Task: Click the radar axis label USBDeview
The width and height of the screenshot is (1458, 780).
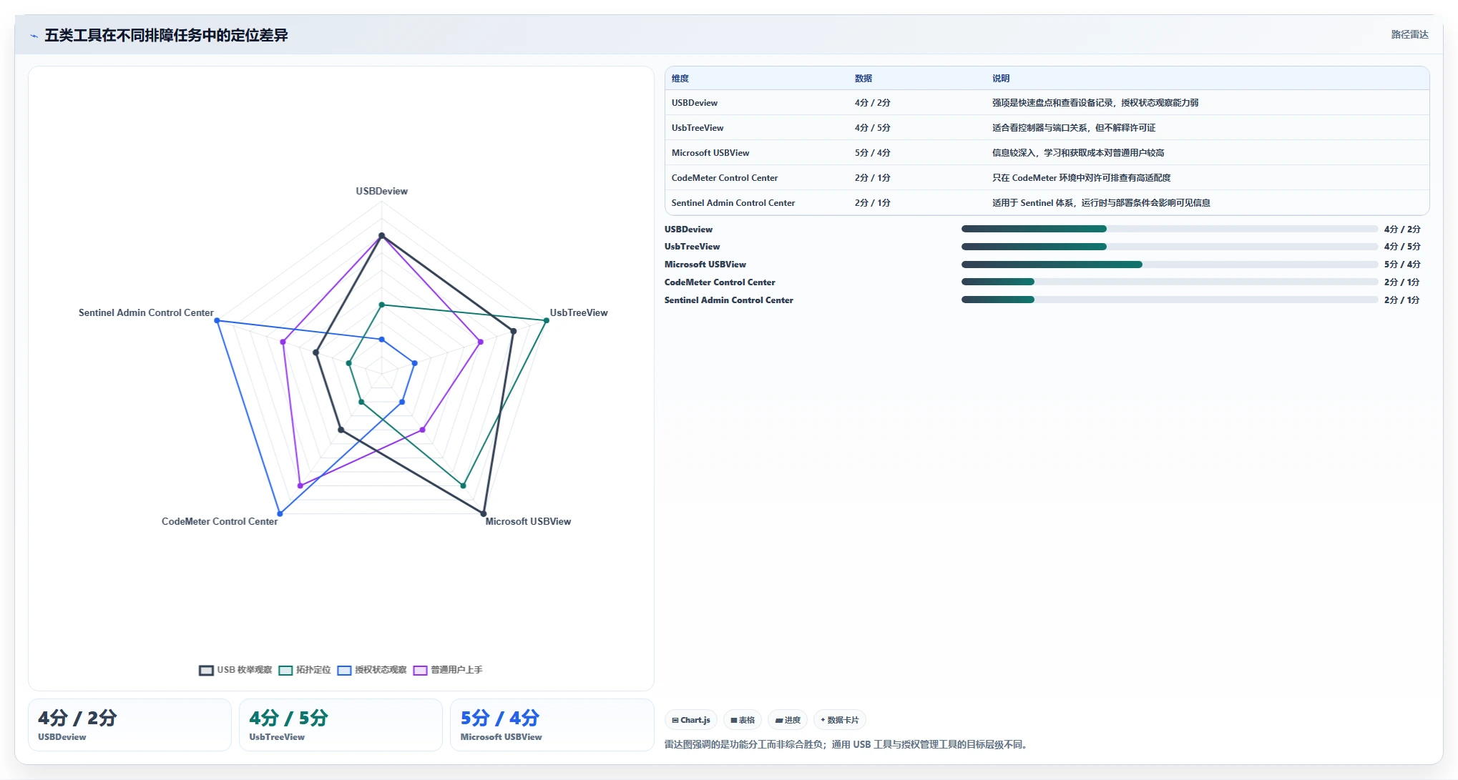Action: (x=381, y=191)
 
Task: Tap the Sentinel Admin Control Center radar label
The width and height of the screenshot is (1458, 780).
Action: (x=146, y=312)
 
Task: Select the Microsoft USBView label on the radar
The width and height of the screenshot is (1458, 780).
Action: (x=528, y=521)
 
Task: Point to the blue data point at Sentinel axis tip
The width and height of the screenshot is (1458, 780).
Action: (x=217, y=320)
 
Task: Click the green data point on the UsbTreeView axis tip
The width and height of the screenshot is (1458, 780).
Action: (x=546, y=320)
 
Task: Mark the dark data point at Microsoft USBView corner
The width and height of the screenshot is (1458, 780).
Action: (x=484, y=513)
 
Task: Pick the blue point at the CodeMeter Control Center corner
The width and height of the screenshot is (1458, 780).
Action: (x=280, y=513)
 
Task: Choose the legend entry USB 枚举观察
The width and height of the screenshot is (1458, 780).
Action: (x=235, y=670)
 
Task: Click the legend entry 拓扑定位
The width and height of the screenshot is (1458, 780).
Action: (x=305, y=670)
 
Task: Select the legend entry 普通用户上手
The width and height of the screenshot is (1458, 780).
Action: (x=448, y=670)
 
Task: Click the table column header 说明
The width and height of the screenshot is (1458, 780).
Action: (x=1001, y=79)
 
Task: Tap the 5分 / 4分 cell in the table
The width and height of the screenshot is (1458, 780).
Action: (x=872, y=153)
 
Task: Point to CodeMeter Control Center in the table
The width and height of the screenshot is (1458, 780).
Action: (x=725, y=178)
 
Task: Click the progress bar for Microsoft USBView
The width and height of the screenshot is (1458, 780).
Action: (x=1170, y=265)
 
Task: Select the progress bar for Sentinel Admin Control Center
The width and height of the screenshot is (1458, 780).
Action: (x=1170, y=300)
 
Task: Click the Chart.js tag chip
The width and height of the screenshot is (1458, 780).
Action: (x=691, y=720)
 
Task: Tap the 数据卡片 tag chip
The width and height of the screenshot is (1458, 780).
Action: (x=840, y=720)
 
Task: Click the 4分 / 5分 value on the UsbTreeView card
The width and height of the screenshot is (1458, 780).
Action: (x=288, y=718)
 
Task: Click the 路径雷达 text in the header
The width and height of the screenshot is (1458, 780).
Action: (x=1409, y=34)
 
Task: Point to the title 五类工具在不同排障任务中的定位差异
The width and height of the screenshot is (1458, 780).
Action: (x=166, y=35)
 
